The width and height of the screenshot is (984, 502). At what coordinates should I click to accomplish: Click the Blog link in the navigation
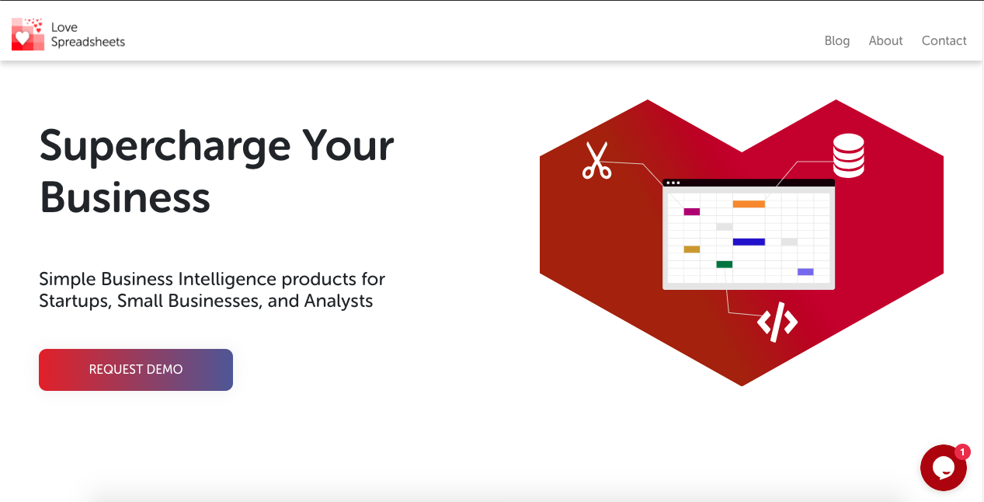coord(837,41)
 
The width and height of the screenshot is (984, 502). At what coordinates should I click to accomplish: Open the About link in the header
coord(885,41)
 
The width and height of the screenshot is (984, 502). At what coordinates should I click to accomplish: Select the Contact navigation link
coord(944,41)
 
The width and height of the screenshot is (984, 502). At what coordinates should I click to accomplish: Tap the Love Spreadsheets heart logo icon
coord(28,34)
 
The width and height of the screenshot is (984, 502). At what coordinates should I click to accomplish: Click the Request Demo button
coord(136,370)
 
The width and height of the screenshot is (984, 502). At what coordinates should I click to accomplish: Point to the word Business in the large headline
coord(125,197)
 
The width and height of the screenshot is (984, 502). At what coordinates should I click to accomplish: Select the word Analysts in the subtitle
coord(339,301)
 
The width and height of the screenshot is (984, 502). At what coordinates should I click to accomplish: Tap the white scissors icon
coord(596,160)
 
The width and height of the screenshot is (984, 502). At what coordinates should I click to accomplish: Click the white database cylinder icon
coord(849,155)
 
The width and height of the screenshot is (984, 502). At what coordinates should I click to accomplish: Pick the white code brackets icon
coord(777,322)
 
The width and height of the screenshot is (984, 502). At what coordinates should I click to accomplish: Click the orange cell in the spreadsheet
coord(749,204)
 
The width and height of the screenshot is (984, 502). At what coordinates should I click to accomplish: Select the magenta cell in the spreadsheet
coord(692,212)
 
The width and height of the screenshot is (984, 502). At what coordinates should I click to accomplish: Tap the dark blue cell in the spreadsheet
coord(749,242)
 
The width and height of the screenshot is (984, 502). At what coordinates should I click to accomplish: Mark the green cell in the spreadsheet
coord(725,264)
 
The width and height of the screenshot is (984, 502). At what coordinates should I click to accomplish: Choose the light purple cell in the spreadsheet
coord(805,272)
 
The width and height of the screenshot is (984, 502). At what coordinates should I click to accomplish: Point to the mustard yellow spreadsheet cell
coord(692,249)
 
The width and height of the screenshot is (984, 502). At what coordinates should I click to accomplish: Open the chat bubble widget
coord(943,468)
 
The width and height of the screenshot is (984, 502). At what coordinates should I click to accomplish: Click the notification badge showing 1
coord(962,452)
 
